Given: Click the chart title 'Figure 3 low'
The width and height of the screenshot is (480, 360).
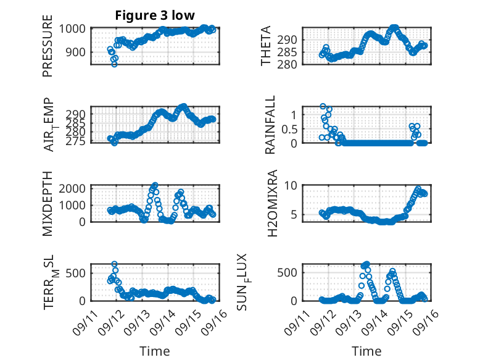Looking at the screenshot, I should (155, 16).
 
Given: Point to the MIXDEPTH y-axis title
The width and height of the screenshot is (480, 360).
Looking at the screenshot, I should (48, 203).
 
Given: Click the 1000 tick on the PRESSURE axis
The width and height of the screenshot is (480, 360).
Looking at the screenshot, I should (75, 28).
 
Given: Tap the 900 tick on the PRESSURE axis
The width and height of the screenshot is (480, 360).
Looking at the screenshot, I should (78, 52).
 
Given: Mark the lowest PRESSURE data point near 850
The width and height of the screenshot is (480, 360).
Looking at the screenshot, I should (114, 64).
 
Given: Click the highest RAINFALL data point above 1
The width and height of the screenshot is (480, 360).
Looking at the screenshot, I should (323, 106).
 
